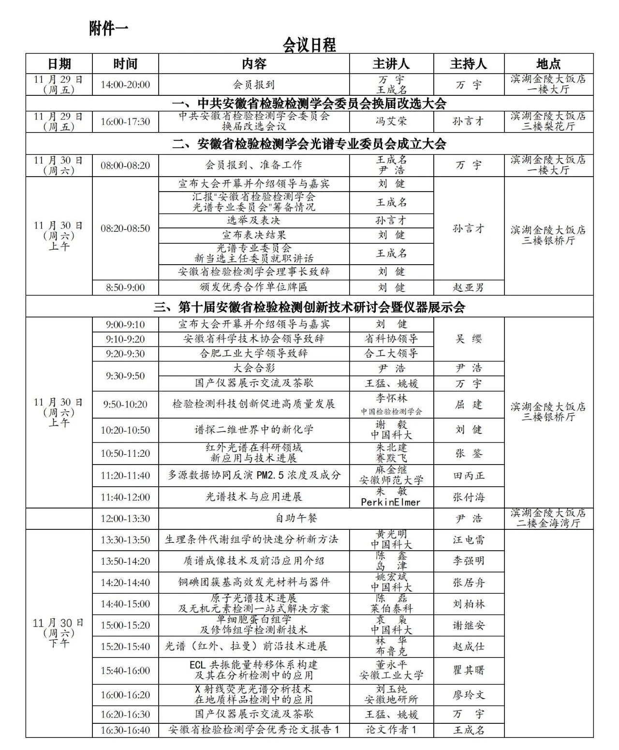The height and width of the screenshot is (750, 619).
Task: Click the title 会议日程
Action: coord(309,45)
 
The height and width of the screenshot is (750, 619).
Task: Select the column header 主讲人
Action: coord(391,64)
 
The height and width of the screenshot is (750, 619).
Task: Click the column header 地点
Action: coord(548,64)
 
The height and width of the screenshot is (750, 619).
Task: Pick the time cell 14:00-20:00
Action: coord(125,85)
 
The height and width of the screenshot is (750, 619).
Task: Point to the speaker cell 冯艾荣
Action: coord(391,121)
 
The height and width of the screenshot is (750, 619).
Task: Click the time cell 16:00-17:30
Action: coord(125,121)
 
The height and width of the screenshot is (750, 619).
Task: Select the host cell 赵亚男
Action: coord(468,287)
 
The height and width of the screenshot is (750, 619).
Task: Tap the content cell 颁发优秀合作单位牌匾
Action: coord(254,287)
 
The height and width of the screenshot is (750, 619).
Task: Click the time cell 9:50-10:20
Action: coord(125,405)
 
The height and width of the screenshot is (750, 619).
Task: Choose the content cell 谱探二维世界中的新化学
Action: coord(254,430)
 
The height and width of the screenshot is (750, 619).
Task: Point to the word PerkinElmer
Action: coord(391,502)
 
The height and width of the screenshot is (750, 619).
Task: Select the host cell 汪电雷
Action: coord(468,540)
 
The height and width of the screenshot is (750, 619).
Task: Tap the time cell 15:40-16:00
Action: coord(125,671)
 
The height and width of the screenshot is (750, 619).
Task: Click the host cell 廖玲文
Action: coord(468,695)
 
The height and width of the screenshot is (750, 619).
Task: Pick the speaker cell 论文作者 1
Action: coord(391,730)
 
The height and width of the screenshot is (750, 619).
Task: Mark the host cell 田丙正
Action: coord(468,476)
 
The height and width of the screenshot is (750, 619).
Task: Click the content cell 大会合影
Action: coord(254,368)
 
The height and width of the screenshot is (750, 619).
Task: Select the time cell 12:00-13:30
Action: coord(125,519)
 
